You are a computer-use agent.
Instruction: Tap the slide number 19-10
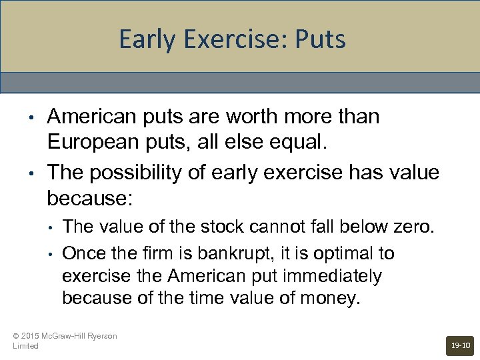[x=460, y=345]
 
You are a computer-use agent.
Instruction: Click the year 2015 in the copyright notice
[x=31, y=336]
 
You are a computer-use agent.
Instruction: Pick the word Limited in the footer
[x=25, y=346]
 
